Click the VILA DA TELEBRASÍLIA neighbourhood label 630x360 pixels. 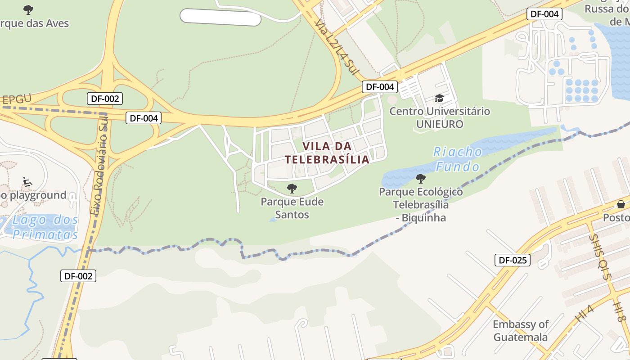[x=327, y=153]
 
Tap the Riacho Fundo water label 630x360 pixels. [x=458, y=159]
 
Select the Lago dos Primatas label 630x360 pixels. [x=44, y=227]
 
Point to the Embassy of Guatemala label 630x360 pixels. [x=520, y=331]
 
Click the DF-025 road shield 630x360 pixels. [x=512, y=260]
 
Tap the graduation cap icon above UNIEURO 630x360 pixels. [x=439, y=99]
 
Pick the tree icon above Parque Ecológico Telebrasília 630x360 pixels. [x=421, y=179]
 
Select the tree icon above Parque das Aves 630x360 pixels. [x=28, y=9]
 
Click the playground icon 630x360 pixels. [x=27, y=182]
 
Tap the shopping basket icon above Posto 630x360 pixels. [x=621, y=204]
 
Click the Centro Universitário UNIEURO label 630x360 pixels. [x=440, y=117]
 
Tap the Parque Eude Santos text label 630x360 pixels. [x=292, y=208]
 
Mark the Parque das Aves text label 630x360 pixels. [x=35, y=23]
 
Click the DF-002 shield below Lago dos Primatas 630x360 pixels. [x=78, y=276]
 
